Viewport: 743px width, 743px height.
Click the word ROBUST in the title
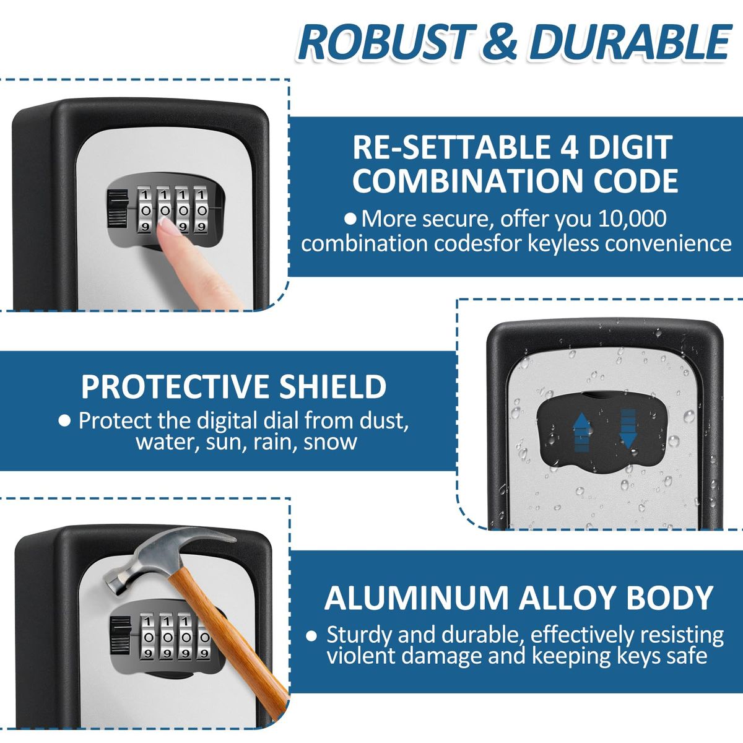388,42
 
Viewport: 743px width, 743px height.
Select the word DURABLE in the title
631,42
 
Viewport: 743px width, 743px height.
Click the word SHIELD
332,387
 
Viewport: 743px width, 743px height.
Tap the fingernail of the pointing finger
170,225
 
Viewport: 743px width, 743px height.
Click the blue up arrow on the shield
582,432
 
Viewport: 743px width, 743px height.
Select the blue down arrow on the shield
628,428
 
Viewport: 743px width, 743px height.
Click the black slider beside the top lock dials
118,211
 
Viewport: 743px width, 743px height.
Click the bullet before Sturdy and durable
311,636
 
